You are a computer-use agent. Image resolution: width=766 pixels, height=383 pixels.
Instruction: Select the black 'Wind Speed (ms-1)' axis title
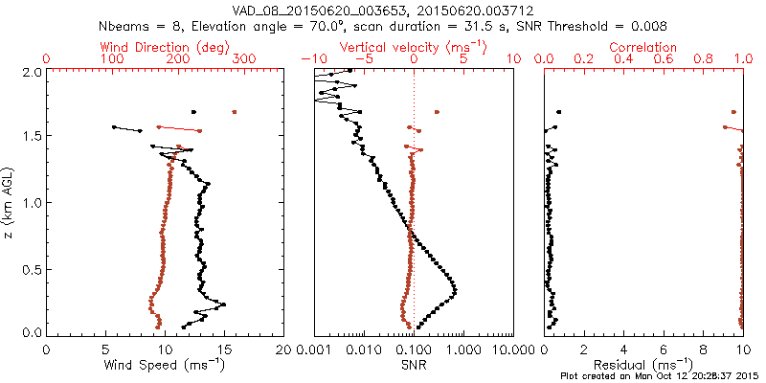pyautogui.click(x=166, y=365)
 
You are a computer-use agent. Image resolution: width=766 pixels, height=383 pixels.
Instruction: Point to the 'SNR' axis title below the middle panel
pyautogui.click(x=413, y=365)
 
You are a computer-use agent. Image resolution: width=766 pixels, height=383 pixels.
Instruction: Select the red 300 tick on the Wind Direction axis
pyautogui.click(x=245, y=59)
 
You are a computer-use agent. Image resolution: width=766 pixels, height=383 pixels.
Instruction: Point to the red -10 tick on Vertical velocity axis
pyautogui.click(x=310, y=59)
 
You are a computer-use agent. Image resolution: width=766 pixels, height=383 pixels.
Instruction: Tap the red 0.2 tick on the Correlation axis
pyautogui.click(x=584, y=59)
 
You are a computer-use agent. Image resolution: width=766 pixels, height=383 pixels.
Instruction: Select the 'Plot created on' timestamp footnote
pyautogui.click(x=660, y=376)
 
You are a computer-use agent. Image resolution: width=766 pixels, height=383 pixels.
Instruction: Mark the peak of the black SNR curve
pyautogui.click(x=454, y=290)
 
